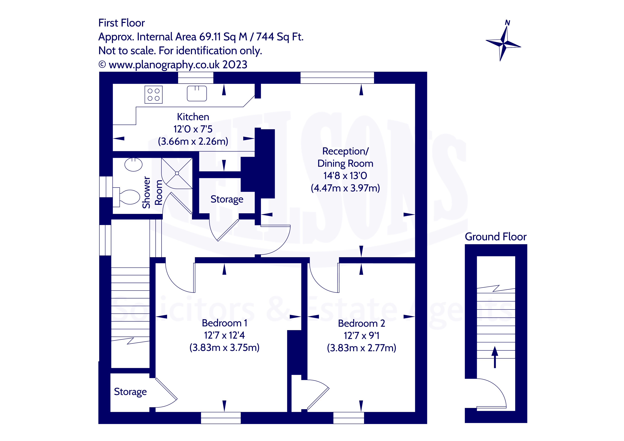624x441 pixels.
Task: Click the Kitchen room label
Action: [x=193, y=117]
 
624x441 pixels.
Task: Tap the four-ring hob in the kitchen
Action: [x=154, y=95]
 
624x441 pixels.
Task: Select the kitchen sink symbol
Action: [x=197, y=93]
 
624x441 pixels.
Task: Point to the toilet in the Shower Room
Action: [x=129, y=197]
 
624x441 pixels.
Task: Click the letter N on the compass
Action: [x=507, y=23]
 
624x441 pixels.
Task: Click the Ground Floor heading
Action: [x=496, y=237]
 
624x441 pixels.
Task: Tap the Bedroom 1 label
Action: [x=225, y=323]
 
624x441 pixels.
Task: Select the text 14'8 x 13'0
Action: [x=345, y=176]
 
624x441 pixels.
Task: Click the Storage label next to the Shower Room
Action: [x=227, y=199]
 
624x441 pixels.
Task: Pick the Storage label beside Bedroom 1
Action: [x=130, y=392]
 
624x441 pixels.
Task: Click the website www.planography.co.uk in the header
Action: [x=164, y=65]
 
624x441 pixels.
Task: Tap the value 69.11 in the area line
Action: [x=210, y=37]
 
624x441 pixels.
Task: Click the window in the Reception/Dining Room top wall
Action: [x=337, y=78]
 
